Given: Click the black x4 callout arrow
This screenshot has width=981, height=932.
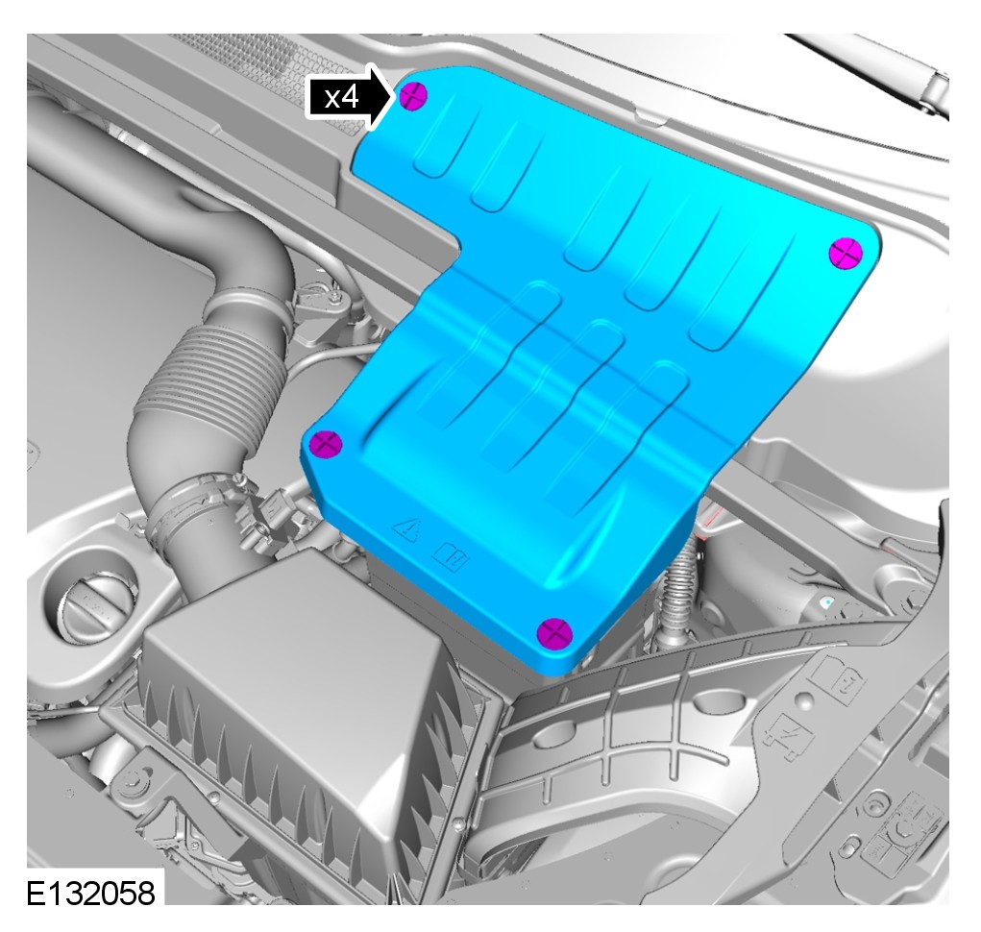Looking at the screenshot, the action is click(351, 97).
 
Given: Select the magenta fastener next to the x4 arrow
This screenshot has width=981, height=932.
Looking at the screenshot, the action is click(413, 96).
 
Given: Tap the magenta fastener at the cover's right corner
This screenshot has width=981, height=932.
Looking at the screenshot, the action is click(846, 254).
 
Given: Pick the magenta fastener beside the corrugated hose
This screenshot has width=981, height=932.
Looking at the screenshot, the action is click(326, 444).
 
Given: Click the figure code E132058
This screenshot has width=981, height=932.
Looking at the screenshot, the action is click(90, 893).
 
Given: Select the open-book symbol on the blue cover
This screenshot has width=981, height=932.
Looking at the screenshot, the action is click(451, 556).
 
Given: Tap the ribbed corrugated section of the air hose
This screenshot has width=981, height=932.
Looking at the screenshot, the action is click(206, 376).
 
